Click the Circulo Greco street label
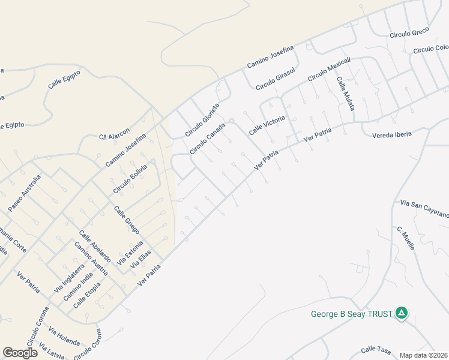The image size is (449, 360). [x=409, y=33]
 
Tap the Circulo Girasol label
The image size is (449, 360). [x=276, y=79]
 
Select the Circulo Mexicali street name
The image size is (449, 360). [x=329, y=70]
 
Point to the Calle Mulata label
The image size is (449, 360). [x=345, y=93]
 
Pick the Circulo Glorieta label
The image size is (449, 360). [x=202, y=119]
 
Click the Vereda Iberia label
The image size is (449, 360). [x=392, y=134]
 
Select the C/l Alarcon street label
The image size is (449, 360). [x=114, y=137]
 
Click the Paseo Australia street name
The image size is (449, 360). [x=25, y=193]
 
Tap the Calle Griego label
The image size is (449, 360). [x=127, y=220]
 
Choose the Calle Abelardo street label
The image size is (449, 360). [x=95, y=245]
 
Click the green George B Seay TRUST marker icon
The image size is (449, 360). [x=402, y=313]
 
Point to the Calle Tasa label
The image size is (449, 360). [x=376, y=349]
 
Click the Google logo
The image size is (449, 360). [x=20, y=353]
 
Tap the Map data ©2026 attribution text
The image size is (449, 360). [x=424, y=355]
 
